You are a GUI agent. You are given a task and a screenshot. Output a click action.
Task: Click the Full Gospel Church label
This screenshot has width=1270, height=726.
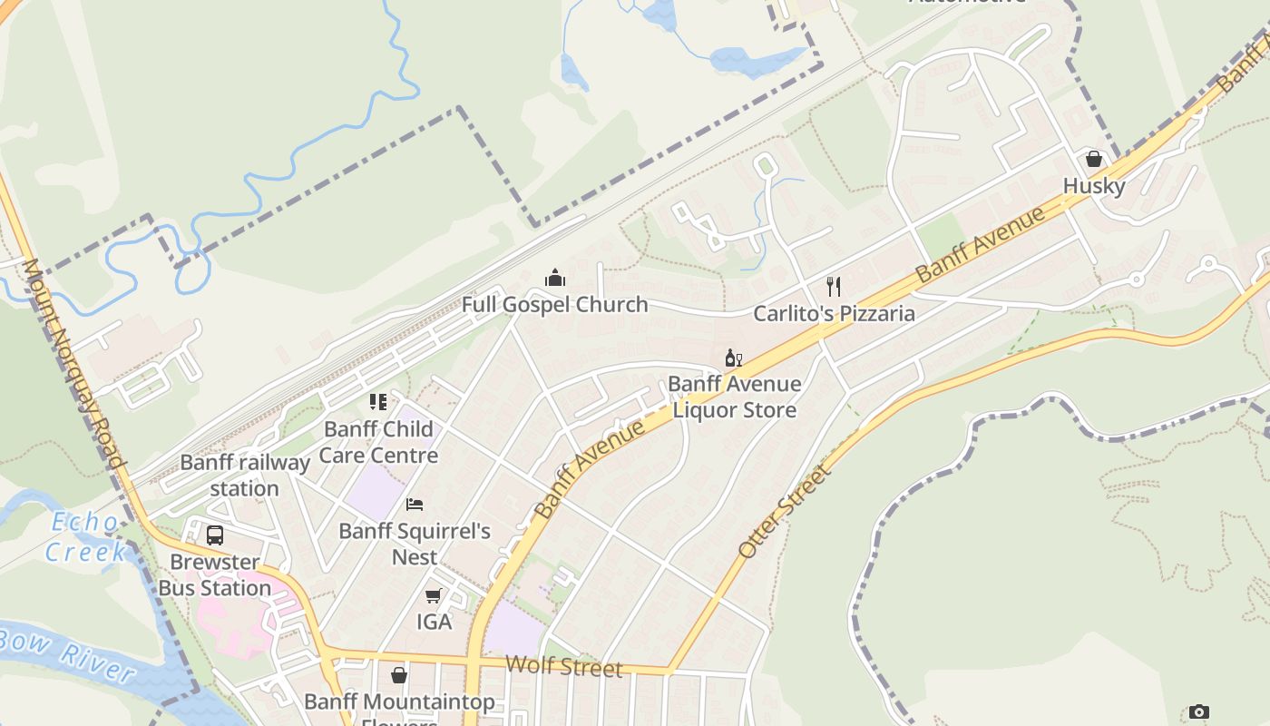[554, 304]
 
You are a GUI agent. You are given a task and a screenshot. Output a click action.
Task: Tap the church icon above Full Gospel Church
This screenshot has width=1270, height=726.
[555, 278]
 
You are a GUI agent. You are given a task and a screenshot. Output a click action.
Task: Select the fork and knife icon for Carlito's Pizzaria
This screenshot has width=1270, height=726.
[834, 287]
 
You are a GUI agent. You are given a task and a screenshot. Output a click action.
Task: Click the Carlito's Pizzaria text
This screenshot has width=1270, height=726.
[834, 314]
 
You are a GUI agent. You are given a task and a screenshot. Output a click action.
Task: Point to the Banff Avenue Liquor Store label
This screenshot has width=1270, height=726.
[734, 397]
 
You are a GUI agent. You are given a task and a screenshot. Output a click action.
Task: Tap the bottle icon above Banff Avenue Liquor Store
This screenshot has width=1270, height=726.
[733, 358]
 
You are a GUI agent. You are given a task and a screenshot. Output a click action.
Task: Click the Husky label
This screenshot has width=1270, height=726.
[1094, 186]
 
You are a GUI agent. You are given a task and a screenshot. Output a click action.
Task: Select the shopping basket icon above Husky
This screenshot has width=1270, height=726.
[1094, 159]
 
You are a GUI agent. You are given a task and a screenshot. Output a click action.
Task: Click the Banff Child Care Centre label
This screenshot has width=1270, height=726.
[378, 442]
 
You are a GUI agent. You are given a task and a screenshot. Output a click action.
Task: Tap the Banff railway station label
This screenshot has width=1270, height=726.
[245, 475]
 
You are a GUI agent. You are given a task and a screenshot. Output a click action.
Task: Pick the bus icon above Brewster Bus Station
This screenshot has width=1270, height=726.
[215, 535]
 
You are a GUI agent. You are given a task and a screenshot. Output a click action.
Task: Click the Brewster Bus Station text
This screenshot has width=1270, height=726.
[215, 574]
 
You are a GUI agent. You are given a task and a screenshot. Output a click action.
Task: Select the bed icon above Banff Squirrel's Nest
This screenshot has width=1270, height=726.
[415, 505]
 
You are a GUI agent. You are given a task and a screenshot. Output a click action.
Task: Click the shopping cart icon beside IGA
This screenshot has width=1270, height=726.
[434, 595]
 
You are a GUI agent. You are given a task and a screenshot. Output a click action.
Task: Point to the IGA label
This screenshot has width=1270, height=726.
[434, 622]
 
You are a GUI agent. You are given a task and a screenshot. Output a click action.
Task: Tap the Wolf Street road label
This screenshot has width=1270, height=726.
[563, 667]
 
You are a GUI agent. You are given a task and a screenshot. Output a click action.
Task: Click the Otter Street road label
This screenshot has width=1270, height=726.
[785, 512]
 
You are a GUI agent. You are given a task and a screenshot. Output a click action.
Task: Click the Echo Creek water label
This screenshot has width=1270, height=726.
[85, 536]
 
